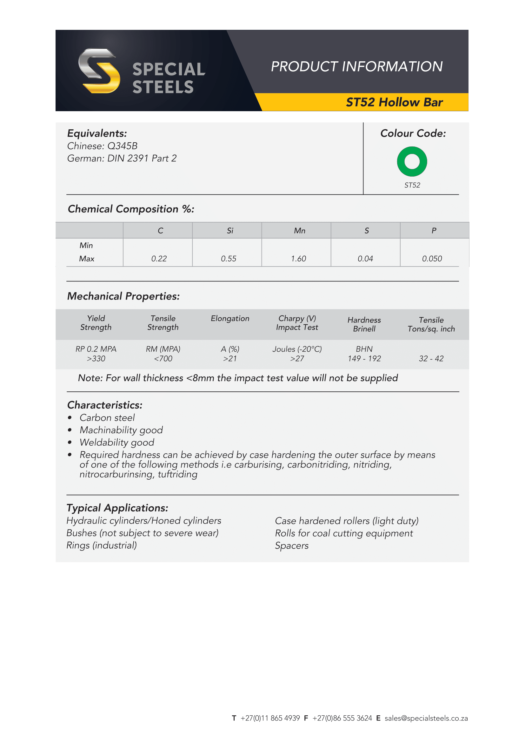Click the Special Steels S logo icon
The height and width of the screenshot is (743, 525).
[x=99, y=71]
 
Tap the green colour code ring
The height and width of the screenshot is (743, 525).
[x=412, y=161]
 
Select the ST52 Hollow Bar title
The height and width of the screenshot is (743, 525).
[x=394, y=102]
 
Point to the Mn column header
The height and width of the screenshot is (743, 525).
[x=299, y=231]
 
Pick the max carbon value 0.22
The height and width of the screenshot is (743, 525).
[x=159, y=259]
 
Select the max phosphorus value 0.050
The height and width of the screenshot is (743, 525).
[x=432, y=259]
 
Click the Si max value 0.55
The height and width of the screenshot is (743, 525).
[x=229, y=259]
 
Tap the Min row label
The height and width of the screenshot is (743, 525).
[x=86, y=245]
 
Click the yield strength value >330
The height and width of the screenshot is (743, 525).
[x=96, y=359]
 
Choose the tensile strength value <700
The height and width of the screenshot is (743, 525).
[x=163, y=359]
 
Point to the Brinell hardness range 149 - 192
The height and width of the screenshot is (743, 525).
[x=364, y=359]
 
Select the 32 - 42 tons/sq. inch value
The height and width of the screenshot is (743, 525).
[x=431, y=359]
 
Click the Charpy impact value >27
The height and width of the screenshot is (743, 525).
[x=297, y=359]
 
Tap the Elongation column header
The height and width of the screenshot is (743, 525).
[x=230, y=318]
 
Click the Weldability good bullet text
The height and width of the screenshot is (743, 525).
[x=117, y=442]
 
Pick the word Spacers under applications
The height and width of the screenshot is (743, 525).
[x=292, y=546]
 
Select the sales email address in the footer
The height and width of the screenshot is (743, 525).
[x=426, y=718]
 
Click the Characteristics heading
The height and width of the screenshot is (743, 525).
[x=105, y=405]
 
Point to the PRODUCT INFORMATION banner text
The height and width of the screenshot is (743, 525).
[x=356, y=67]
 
